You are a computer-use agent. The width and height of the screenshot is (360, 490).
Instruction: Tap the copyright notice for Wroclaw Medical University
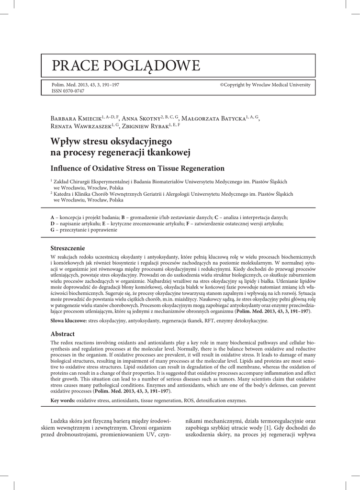pyautogui.click(x=265, y=85)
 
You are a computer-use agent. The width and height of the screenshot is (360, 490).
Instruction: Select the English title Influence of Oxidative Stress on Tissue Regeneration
pyautogui.click(x=137, y=168)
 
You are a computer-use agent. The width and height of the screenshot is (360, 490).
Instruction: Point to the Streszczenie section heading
pyautogui.click(x=67, y=248)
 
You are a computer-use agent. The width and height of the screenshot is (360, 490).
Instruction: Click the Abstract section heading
pyautogui.click(x=62, y=334)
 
